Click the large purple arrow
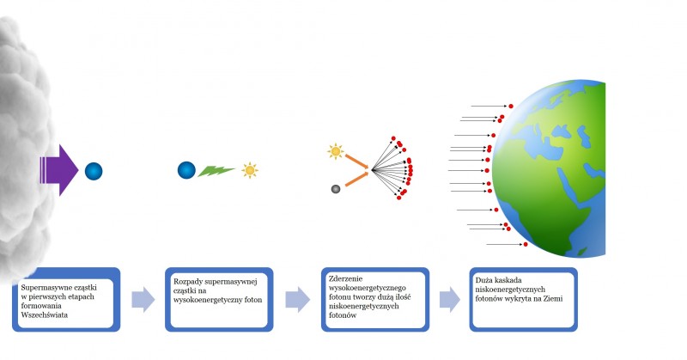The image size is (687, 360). (60, 170)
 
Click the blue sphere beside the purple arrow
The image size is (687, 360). (94, 171)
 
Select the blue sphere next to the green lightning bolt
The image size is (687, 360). (186, 170)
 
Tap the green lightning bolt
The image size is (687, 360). (216, 171)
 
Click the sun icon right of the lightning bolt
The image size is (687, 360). (250, 170)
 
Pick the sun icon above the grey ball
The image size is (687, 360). (336, 151)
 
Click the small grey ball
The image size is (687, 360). (336, 189)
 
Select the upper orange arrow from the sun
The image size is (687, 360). (358, 162)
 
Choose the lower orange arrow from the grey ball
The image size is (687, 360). (358, 179)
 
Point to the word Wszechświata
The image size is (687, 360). (45, 314)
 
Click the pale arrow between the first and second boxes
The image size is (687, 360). (143, 300)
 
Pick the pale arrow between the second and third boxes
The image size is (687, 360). (297, 300)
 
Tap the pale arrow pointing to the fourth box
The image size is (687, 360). (450, 300)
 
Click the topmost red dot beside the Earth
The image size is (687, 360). (511, 107)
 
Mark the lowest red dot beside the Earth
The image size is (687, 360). (526, 244)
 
